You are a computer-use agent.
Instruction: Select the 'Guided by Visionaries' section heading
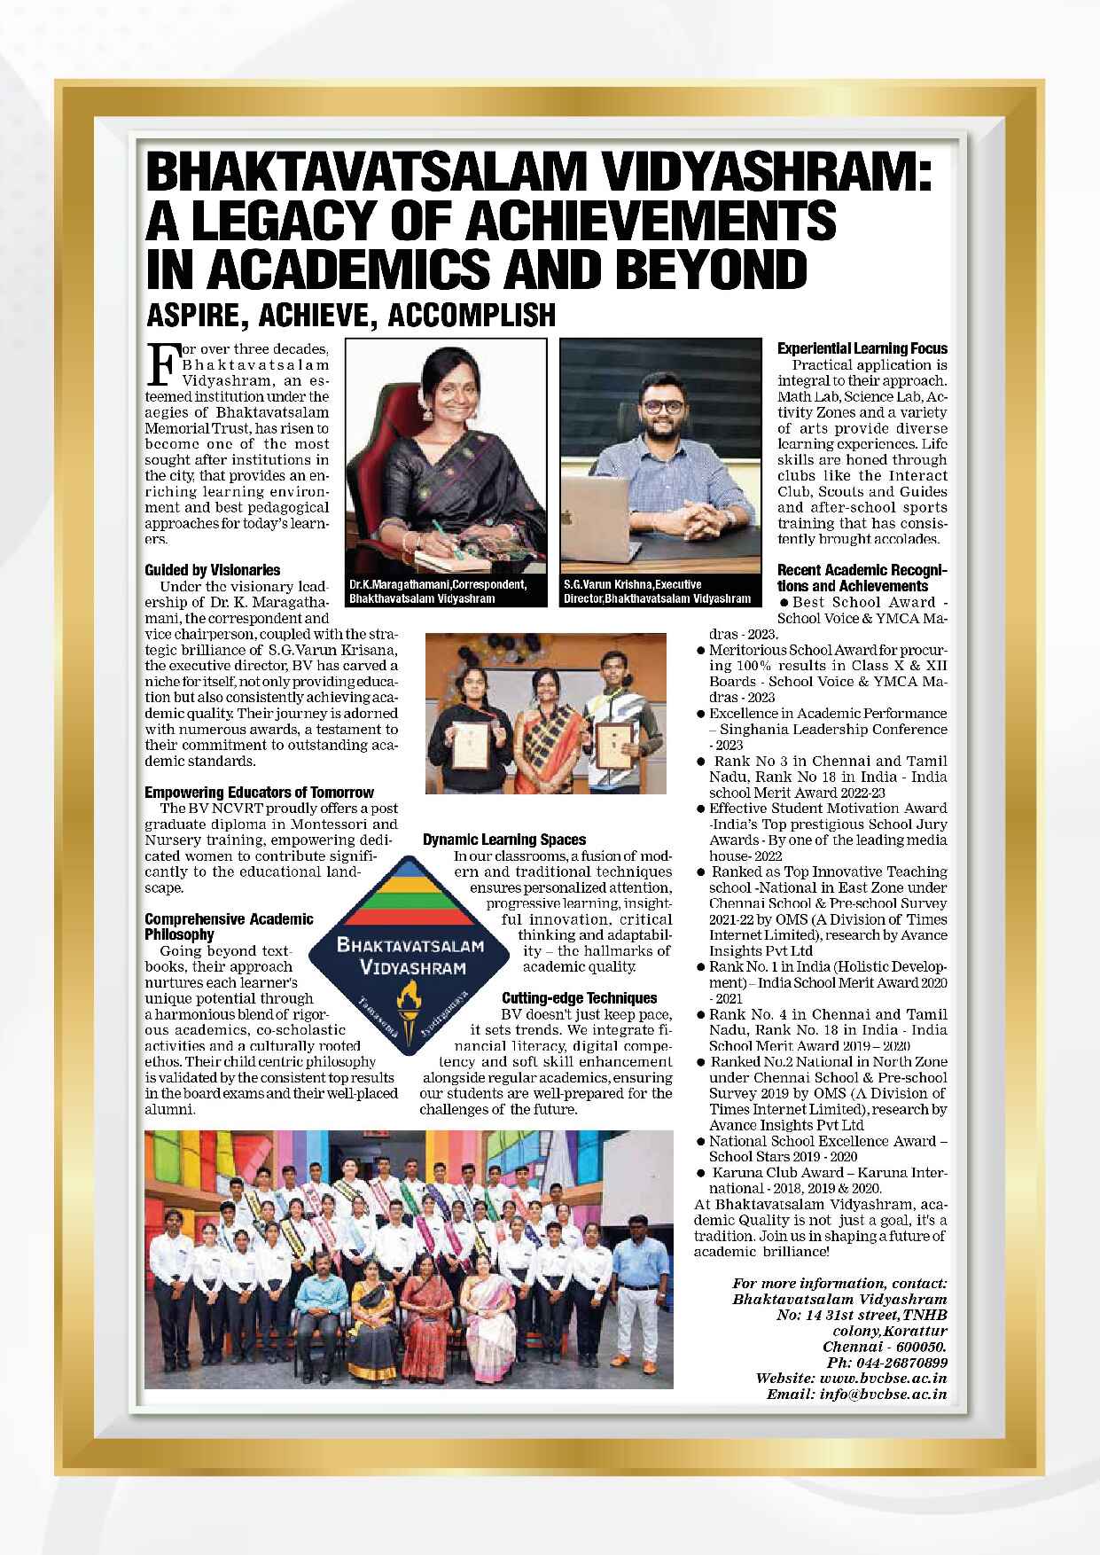212,570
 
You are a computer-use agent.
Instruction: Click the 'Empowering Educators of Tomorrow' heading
259,792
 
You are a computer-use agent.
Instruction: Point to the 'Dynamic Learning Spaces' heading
504,839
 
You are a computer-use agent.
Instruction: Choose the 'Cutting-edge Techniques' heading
579,997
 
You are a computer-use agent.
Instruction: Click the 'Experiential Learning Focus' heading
862,348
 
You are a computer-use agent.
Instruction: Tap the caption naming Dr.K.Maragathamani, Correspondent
438,592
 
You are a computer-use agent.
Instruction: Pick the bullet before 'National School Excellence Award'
700,1142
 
